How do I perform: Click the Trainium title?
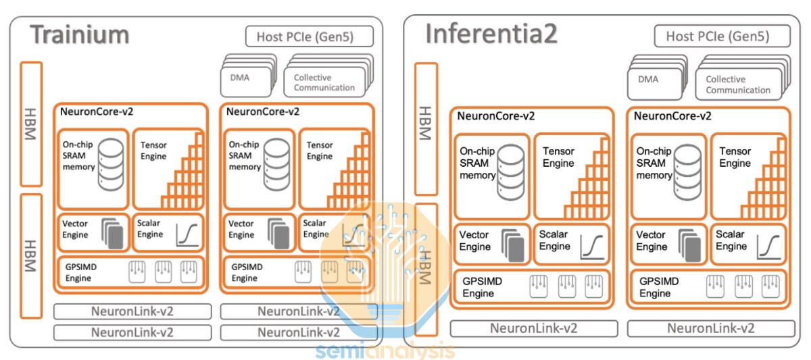pos(80,34)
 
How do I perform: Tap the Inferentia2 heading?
pos(491,33)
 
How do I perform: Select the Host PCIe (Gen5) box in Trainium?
pos(310,36)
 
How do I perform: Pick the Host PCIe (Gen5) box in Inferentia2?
pos(722,36)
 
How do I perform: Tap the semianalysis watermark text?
pos(385,351)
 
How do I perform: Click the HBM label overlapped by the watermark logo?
pos(426,267)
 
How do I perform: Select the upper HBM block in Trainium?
pos(32,124)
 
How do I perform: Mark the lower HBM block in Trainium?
pos(32,256)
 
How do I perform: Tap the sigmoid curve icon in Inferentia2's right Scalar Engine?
pos(768,247)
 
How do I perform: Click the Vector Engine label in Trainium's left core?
pos(75,229)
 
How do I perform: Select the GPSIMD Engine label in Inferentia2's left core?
pos(483,287)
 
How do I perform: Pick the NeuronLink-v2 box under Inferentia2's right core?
pos(711,328)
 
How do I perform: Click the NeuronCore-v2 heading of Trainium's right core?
pos(263,111)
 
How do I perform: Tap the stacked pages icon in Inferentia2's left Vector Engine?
pos(514,245)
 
